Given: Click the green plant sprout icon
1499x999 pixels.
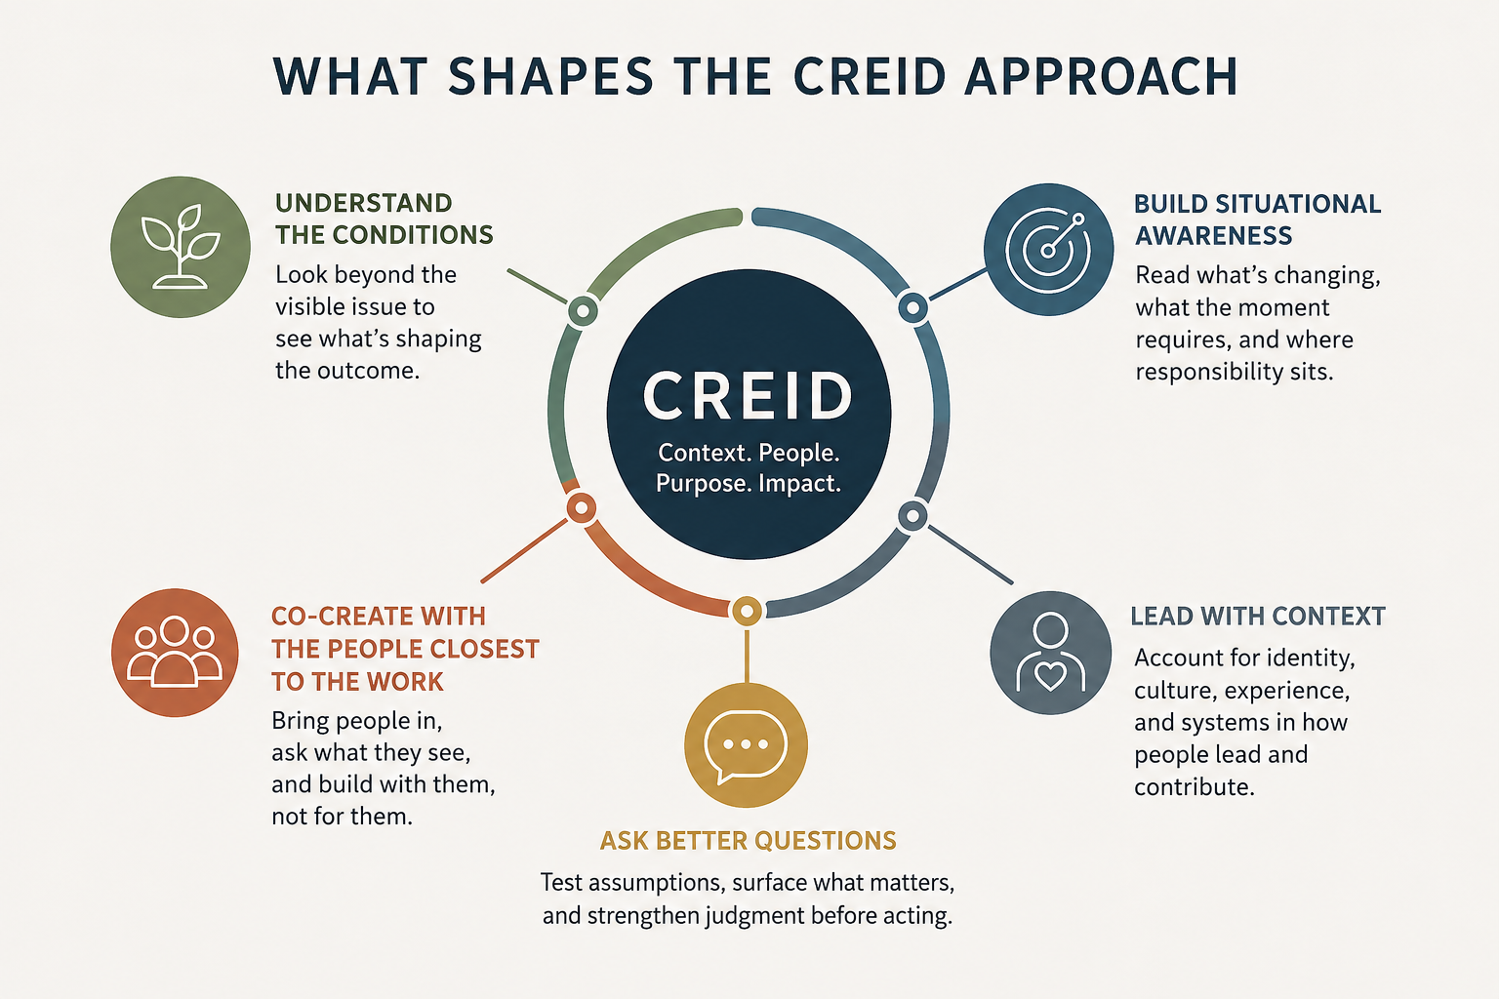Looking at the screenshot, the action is coord(181,247).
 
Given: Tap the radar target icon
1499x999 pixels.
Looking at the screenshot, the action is coord(1049,249).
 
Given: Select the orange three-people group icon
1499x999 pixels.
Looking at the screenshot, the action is coord(175,653).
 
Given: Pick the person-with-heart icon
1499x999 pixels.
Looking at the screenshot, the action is coord(1051,653).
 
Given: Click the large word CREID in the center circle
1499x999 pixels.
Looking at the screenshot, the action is coord(749,395).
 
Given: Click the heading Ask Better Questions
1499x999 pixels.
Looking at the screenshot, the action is coord(748,840).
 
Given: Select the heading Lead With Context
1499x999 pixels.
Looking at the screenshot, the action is coord(1258,617).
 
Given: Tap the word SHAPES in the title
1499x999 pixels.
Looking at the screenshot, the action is coord(550,76).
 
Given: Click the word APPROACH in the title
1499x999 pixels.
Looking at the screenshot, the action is coord(1101,76).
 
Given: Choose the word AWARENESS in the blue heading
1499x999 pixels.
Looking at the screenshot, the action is coord(1214,235).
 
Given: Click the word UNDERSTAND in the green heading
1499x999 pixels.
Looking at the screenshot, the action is coord(364,203).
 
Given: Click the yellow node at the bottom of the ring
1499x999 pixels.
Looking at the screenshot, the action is coord(747,611).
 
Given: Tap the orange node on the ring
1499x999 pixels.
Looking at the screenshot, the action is coord(582,508).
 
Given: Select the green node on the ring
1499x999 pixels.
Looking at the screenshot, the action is coord(583,311).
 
